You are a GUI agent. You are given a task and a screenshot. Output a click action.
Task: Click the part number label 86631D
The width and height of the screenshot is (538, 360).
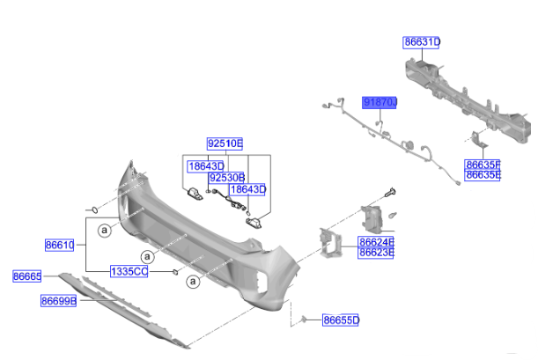pyautogui.click(x=423, y=41)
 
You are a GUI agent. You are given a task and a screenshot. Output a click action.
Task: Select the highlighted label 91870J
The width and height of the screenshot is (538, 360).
pyautogui.click(x=381, y=103)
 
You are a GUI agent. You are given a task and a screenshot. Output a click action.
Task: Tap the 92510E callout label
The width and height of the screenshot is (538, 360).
pyautogui.click(x=225, y=143)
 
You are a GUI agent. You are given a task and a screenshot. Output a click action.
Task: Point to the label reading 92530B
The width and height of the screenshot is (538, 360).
pyautogui.click(x=226, y=177)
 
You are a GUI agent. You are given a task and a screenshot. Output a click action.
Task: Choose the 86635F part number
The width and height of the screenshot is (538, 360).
pyautogui.click(x=483, y=164)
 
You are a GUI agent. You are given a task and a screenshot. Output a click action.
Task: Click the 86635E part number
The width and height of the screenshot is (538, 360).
pyautogui.click(x=483, y=174)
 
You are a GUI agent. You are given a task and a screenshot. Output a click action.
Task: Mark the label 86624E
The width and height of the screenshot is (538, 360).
pyautogui.click(x=376, y=241)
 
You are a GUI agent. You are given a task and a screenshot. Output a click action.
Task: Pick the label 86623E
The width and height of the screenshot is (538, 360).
pyautogui.click(x=376, y=253)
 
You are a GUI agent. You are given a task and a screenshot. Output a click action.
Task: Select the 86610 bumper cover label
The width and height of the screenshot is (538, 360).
pyautogui.click(x=60, y=244)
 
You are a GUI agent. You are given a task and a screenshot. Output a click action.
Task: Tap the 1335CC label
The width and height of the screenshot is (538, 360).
pyautogui.click(x=129, y=271)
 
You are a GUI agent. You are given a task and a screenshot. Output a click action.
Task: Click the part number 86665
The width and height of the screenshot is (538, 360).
pyautogui.click(x=26, y=276)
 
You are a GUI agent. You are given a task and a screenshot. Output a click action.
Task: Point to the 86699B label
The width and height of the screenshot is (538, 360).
pyautogui.click(x=58, y=300)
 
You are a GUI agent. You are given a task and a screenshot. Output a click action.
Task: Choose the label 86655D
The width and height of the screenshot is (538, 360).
pyautogui.click(x=341, y=320)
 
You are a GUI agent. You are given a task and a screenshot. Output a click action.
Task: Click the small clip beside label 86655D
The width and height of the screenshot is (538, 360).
pyautogui.click(x=305, y=319)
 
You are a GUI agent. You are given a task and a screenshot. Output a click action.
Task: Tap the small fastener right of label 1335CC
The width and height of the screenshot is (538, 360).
pyautogui.click(x=175, y=272)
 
